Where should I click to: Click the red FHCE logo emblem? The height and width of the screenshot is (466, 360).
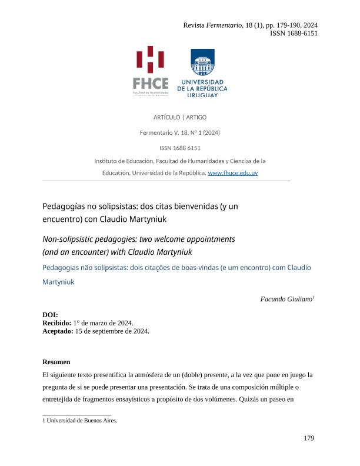point(150,61)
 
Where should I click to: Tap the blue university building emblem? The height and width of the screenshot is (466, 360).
point(202,62)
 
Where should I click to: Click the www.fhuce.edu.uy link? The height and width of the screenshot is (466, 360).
point(233,173)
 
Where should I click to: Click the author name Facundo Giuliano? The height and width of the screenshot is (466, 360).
point(286,299)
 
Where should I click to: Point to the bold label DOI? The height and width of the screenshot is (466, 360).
point(51,315)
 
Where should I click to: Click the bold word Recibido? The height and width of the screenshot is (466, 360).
point(57,323)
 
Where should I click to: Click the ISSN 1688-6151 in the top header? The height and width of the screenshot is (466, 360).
point(294,34)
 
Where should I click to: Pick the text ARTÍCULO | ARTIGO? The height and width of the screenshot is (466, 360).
point(180,117)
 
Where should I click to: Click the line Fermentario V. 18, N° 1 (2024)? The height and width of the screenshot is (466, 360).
point(180,132)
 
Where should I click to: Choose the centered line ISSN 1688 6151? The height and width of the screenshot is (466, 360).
point(180,148)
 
